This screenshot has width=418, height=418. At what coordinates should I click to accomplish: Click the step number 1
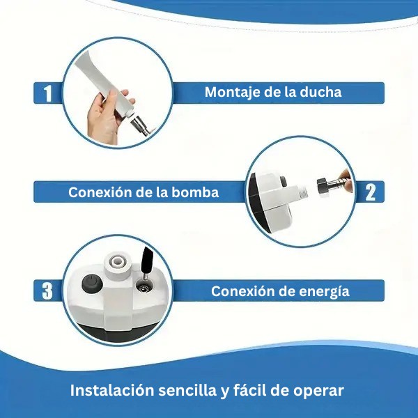[x=47, y=93]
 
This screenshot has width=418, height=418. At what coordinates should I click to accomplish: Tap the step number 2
[x=371, y=192]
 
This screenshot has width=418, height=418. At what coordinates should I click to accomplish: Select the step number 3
[x=47, y=291]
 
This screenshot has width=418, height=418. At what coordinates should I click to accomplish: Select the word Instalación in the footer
[x=112, y=391]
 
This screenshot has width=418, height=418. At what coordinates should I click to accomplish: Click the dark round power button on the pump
[x=92, y=284]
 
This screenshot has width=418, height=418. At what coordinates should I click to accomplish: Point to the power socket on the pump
[x=144, y=287]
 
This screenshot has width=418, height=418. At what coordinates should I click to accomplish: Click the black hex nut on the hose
[x=323, y=185]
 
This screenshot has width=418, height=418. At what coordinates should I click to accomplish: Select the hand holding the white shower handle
[x=107, y=117]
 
